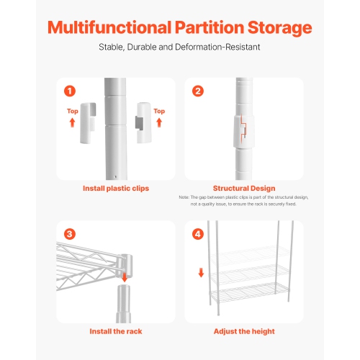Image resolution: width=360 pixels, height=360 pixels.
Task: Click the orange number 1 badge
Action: pyautogui.click(x=69, y=91)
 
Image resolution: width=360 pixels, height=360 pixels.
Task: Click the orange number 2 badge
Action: pyautogui.click(x=198, y=91)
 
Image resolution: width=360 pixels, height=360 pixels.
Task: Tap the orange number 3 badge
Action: pyautogui.click(x=69, y=233)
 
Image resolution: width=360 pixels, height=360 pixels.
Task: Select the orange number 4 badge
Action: pyautogui.click(x=198, y=233)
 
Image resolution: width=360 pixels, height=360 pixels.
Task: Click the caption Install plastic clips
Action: pyautogui.click(x=115, y=189)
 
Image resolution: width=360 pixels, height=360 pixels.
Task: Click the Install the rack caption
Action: pyautogui.click(x=115, y=331)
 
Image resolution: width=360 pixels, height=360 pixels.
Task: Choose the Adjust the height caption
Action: pyautogui.click(x=244, y=331)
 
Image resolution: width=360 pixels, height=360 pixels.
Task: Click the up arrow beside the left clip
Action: pyautogui.click(x=73, y=122)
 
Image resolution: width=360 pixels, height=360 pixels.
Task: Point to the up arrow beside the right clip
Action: pyautogui.click(x=159, y=122)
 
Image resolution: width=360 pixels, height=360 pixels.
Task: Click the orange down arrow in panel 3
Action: pyautogui.click(x=125, y=277)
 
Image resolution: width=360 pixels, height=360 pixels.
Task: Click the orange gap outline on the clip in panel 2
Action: pyautogui.click(x=243, y=130)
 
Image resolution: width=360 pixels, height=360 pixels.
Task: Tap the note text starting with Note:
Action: pyautogui.click(x=244, y=200)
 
